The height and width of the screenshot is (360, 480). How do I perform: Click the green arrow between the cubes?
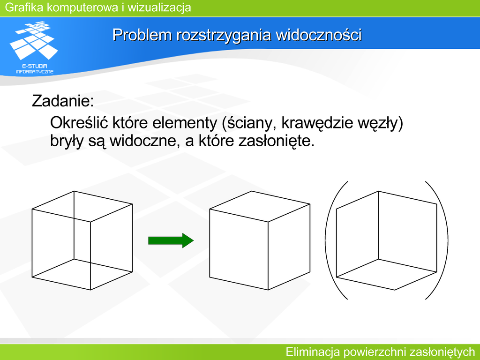click(171, 240)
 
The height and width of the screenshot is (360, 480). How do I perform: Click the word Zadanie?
click(63, 101)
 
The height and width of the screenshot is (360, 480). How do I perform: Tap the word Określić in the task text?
click(79, 123)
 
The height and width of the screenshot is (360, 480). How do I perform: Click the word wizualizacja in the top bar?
click(159, 7)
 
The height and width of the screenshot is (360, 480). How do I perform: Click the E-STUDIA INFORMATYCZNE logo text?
click(35, 68)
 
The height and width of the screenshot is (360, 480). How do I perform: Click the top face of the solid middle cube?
click(260, 206)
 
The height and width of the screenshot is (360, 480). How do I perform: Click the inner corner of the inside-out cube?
click(378, 260)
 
